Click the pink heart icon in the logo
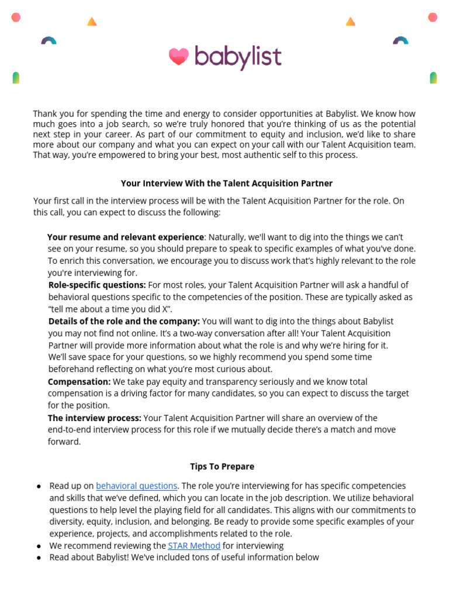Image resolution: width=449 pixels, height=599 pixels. (x=179, y=57)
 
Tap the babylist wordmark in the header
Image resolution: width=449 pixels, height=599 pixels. (x=237, y=57)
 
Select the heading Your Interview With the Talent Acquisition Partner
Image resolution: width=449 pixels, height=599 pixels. (x=226, y=184)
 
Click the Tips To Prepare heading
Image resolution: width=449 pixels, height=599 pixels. (x=222, y=467)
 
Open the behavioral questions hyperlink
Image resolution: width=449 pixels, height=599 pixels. (x=136, y=486)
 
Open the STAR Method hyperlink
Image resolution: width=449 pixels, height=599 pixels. (x=194, y=546)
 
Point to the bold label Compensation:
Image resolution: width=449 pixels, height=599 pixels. (x=80, y=382)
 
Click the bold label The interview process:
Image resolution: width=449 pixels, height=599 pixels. (x=95, y=418)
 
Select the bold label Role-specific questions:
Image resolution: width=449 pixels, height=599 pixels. (x=97, y=285)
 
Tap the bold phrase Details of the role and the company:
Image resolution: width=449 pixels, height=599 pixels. (x=124, y=322)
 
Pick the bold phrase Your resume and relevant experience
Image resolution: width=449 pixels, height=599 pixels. (x=126, y=237)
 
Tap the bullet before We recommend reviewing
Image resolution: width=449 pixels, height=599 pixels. (x=39, y=546)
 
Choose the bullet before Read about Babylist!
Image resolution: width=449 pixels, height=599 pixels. (x=39, y=558)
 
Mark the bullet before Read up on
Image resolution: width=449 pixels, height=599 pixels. (x=39, y=487)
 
